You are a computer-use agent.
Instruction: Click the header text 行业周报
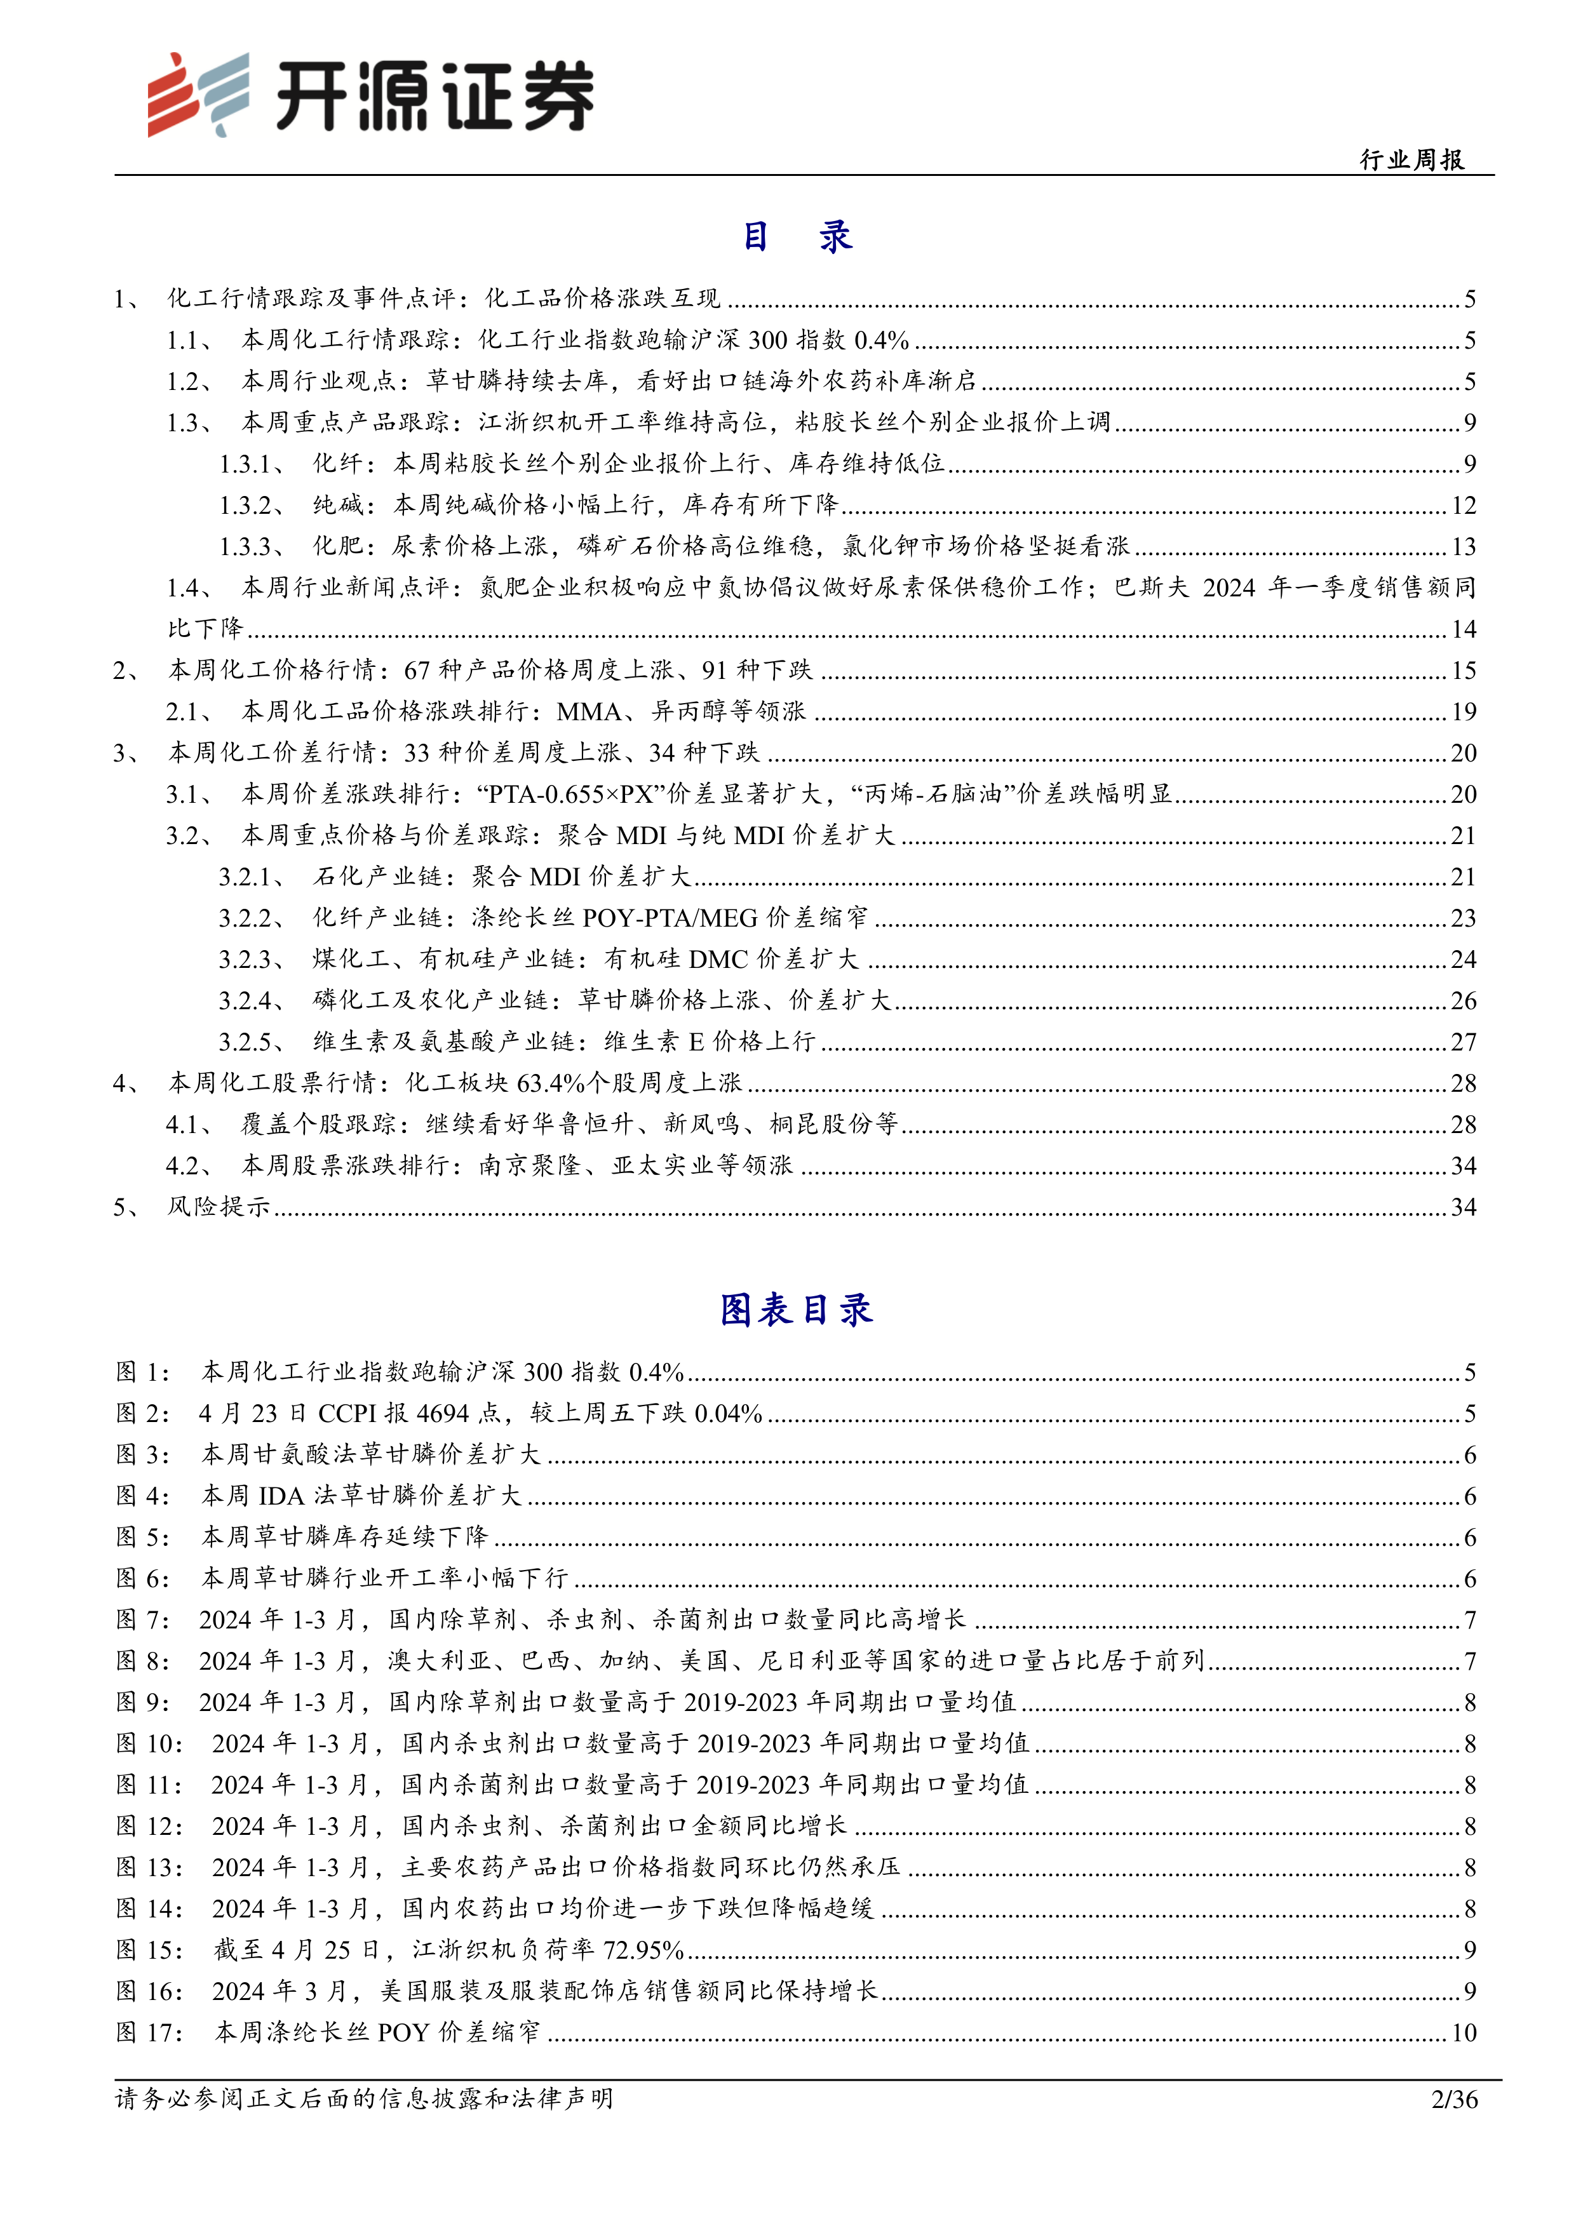pyautogui.click(x=1412, y=159)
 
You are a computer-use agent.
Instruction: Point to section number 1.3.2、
pyautogui.click(x=250, y=504)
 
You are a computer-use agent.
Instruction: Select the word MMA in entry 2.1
pyautogui.click(x=588, y=711)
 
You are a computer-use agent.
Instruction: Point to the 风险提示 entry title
pyautogui.click(x=219, y=1206)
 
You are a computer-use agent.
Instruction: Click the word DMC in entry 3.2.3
pyautogui.click(x=717, y=959)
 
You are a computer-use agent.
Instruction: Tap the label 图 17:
pyautogui.click(x=149, y=2032)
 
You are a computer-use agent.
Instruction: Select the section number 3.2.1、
pyautogui.click(x=250, y=876)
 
